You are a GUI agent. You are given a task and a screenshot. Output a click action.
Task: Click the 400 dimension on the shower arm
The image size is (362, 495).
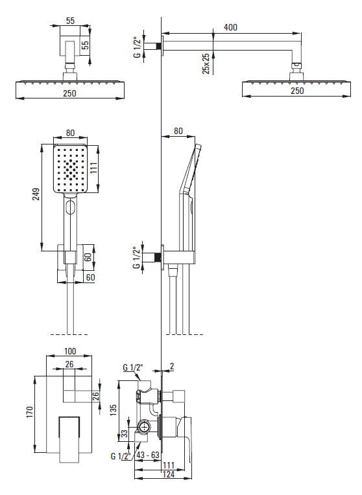tap(230, 27)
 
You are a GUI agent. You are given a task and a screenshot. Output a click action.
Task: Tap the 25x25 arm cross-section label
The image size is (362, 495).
tap(206, 63)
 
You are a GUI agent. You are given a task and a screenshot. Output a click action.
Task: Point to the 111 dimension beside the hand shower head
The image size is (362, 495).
tap(93, 168)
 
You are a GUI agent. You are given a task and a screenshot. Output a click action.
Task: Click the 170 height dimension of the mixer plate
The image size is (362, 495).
tap(29, 412)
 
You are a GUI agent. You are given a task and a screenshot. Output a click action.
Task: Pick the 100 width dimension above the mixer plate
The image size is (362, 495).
tap(70, 351)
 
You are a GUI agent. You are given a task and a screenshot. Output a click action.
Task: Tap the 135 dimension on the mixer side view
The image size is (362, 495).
tap(114, 409)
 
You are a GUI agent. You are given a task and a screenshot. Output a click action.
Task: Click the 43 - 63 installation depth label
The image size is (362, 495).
tap(148, 455)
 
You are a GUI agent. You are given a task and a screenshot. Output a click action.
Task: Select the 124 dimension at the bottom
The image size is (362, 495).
tap(169, 474)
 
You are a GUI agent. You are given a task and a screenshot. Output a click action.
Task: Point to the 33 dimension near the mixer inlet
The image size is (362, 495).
tap(125, 433)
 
